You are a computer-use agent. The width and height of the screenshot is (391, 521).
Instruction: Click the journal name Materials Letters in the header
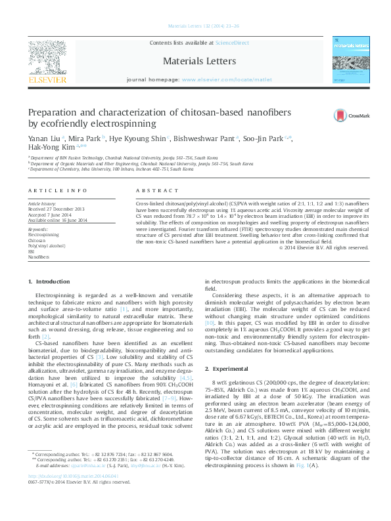tap(195, 60)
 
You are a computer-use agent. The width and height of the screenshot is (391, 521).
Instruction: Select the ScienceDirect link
tap(233, 42)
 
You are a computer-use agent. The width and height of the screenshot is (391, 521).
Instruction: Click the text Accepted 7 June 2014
tap(49, 215)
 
